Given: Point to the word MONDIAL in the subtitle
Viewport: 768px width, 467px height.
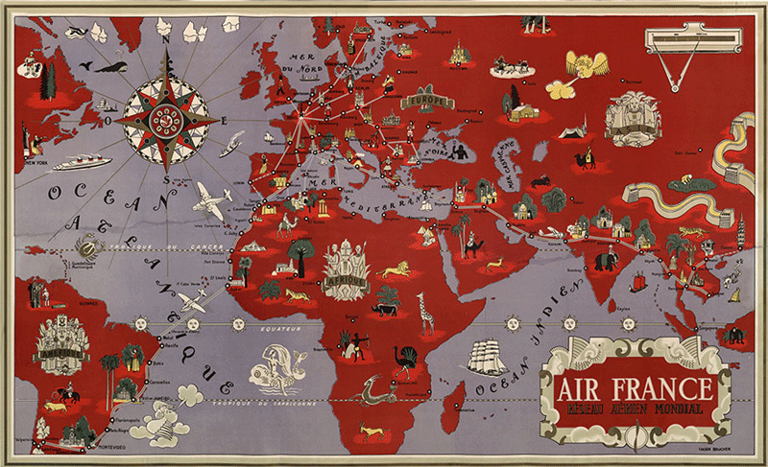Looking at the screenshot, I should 679,412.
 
